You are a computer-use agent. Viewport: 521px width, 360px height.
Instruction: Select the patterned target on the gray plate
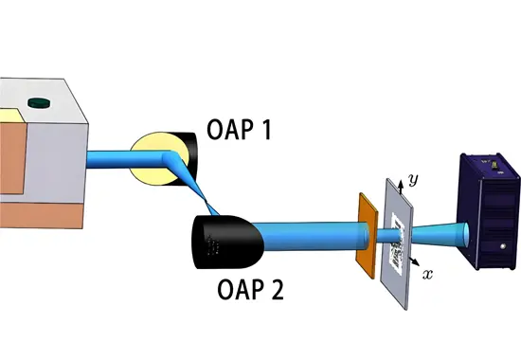coord(400,238)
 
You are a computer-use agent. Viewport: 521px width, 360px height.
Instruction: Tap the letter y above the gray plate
coord(412,178)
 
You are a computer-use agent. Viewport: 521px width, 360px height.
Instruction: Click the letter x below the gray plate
coord(427,275)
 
